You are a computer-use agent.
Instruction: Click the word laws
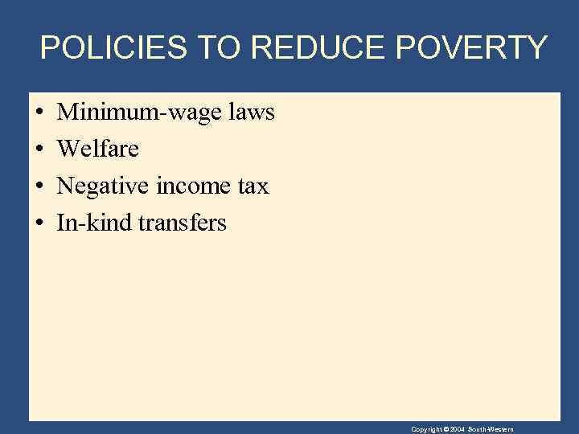pos(252,113)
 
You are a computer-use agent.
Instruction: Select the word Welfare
pos(98,149)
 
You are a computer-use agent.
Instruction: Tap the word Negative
pos(101,186)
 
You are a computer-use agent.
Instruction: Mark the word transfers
pos(183,223)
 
